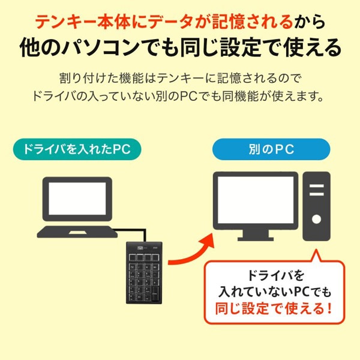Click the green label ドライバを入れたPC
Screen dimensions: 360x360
pyautogui.click(x=77, y=149)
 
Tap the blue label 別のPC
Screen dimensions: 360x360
pyautogui.click(x=271, y=149)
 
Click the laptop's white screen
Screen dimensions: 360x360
pyautogui.click(x=77, y=199)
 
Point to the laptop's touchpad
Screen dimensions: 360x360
pyautogui.click(x=77, y=233)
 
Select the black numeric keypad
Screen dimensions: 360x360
pyautogui.click(x=144, y=273)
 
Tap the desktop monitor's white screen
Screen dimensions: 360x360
pyautogui.click(x=256, y=200)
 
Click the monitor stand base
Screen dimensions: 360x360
pyautogui.click(x=256, y=239)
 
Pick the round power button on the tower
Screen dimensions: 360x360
pyautogui.click(x=316, y=219)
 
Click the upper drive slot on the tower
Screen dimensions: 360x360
pyautogui.click(x=317, y=186)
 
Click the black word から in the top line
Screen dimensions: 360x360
pyautogui.click(x=310, y=22)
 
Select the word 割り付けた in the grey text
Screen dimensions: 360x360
pyautogui.click(x=89, y=78)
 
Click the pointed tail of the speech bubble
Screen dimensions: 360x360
pyautogui.click(x=316, y=250)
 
